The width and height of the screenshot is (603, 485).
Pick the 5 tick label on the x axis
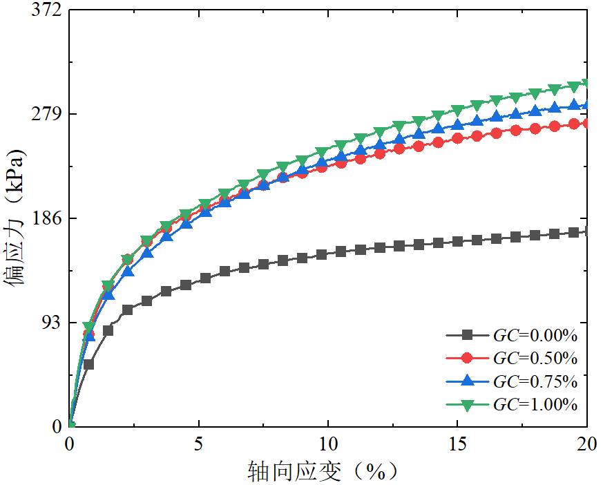pyautogui.click(x=199, y=443)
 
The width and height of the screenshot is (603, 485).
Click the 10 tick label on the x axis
pyautogui.click(x=328, y=443)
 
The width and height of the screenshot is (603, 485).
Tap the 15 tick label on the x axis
pyautogui.click(x=457, y=443)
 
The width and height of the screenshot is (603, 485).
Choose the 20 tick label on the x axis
pyautogui.click(x=586, y=443)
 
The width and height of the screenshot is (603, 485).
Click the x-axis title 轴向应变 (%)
pyautogui.click(x=324, y=471)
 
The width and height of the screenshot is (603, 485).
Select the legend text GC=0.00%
pyautogui.click(x=535, y=336)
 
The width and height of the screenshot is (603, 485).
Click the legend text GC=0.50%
pyautogui.click(x=535, y=359)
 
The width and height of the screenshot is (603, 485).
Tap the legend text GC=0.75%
pyautogui.click(x=535, y=381)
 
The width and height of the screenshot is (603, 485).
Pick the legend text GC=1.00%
pyautogui.click(x=535, y=404)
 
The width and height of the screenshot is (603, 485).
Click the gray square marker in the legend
pyautogui.click(x=467, y=335)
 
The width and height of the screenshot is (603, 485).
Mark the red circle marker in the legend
pyautogui.click(x=467, y=358)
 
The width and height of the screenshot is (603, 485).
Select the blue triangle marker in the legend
pyautogui.click(x=467, y=381)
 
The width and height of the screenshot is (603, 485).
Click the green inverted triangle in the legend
pyautogui.click(x=467, y=404)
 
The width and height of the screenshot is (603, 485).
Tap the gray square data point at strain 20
pyautogui.click(x=586, y=231)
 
